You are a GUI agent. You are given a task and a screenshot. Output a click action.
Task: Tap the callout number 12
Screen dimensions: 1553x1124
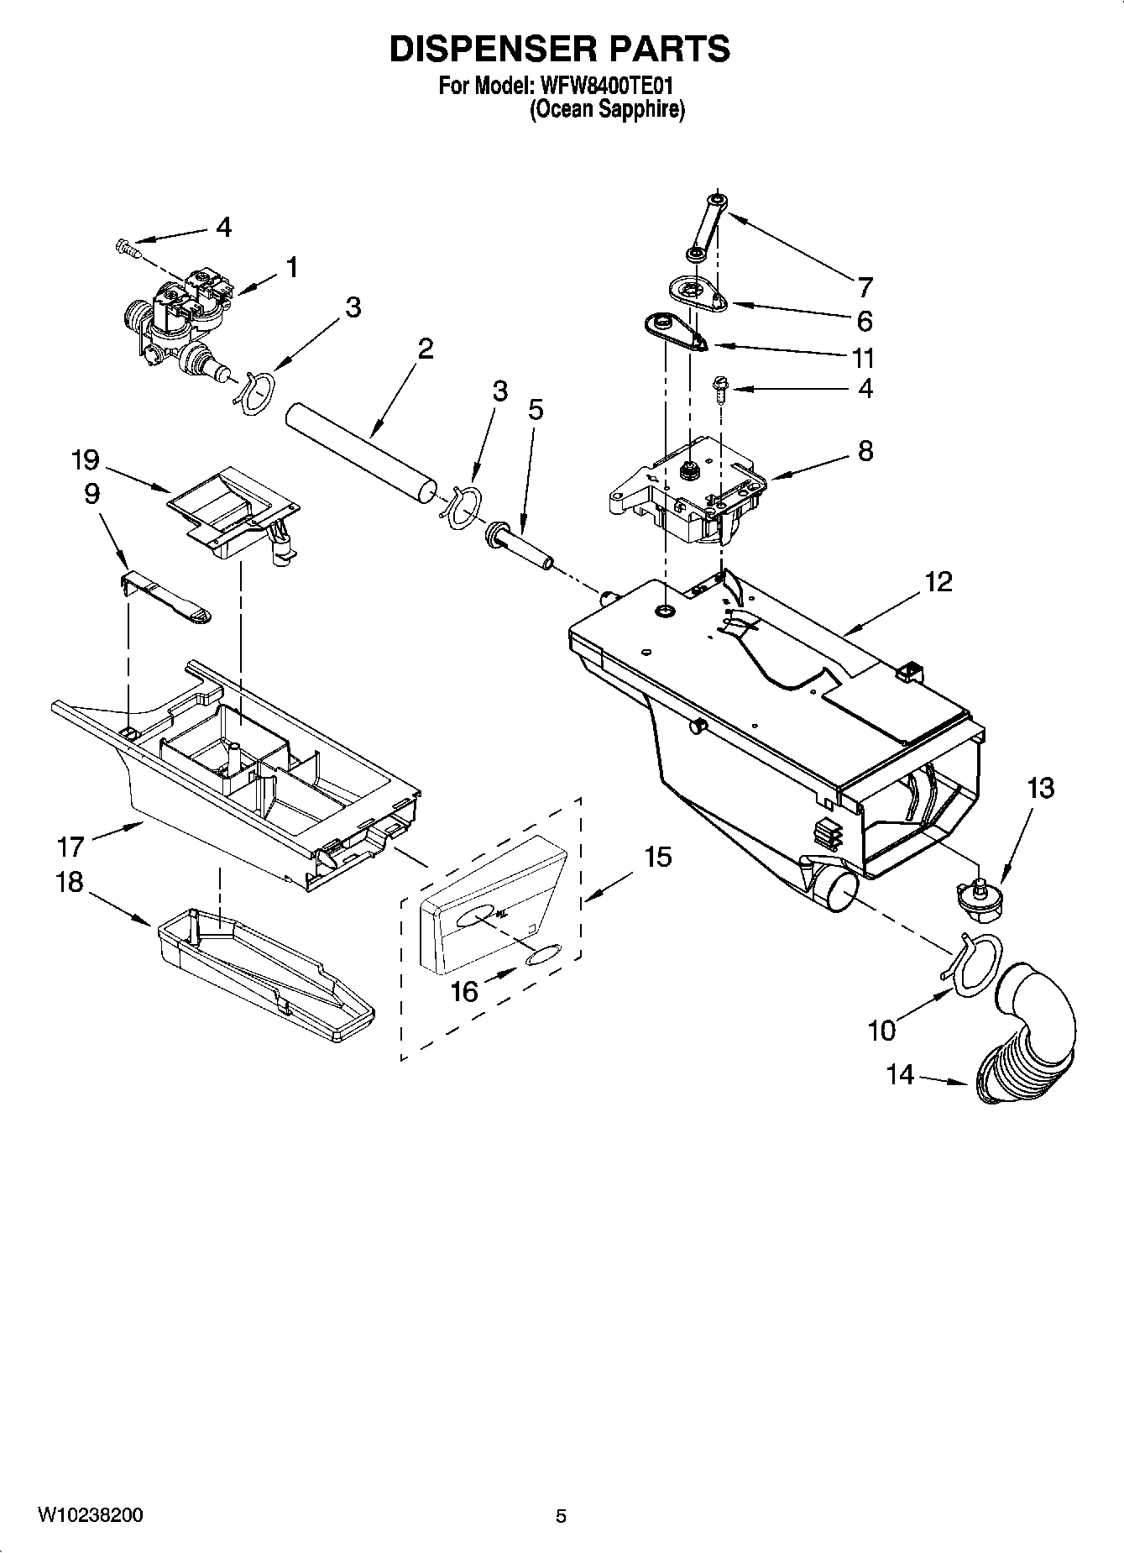(x=939, y=581)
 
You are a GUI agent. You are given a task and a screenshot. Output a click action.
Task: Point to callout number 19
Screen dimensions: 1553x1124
(x=85, y=460)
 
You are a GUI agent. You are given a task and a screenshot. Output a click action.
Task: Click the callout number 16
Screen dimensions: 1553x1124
(x=464, y=992)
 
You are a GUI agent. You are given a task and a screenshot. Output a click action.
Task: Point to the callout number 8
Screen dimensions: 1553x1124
(x=865, y=451)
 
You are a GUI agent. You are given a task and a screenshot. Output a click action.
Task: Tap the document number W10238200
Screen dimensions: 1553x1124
(x=90, y=1515)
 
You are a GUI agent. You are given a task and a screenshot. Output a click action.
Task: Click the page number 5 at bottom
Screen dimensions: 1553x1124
(x=561, y=1516)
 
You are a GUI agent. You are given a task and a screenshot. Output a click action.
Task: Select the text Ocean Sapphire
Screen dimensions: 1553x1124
(x=606, y=109)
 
